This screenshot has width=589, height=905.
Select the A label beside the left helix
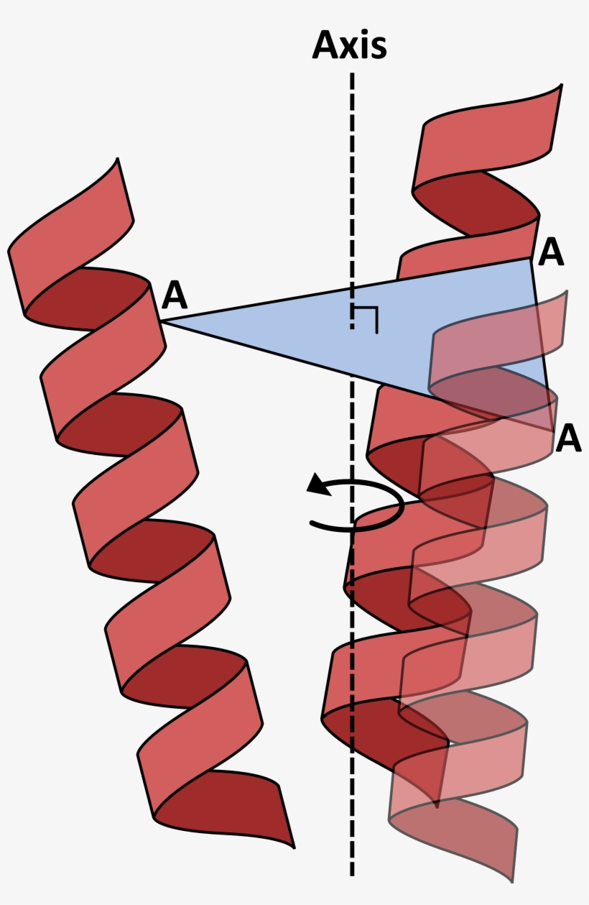[x=175, y=295]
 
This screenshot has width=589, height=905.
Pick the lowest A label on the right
[x=568, y=438]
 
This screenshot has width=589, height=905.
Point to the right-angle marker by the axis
[x=367, y=318]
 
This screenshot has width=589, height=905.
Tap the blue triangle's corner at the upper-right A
[x=530, y=259]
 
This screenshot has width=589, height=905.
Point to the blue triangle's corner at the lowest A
[x=553, y=430]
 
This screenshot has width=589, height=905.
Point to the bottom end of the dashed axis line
[x=352, y=873]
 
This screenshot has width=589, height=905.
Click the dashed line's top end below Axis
[x=352, y=75]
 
